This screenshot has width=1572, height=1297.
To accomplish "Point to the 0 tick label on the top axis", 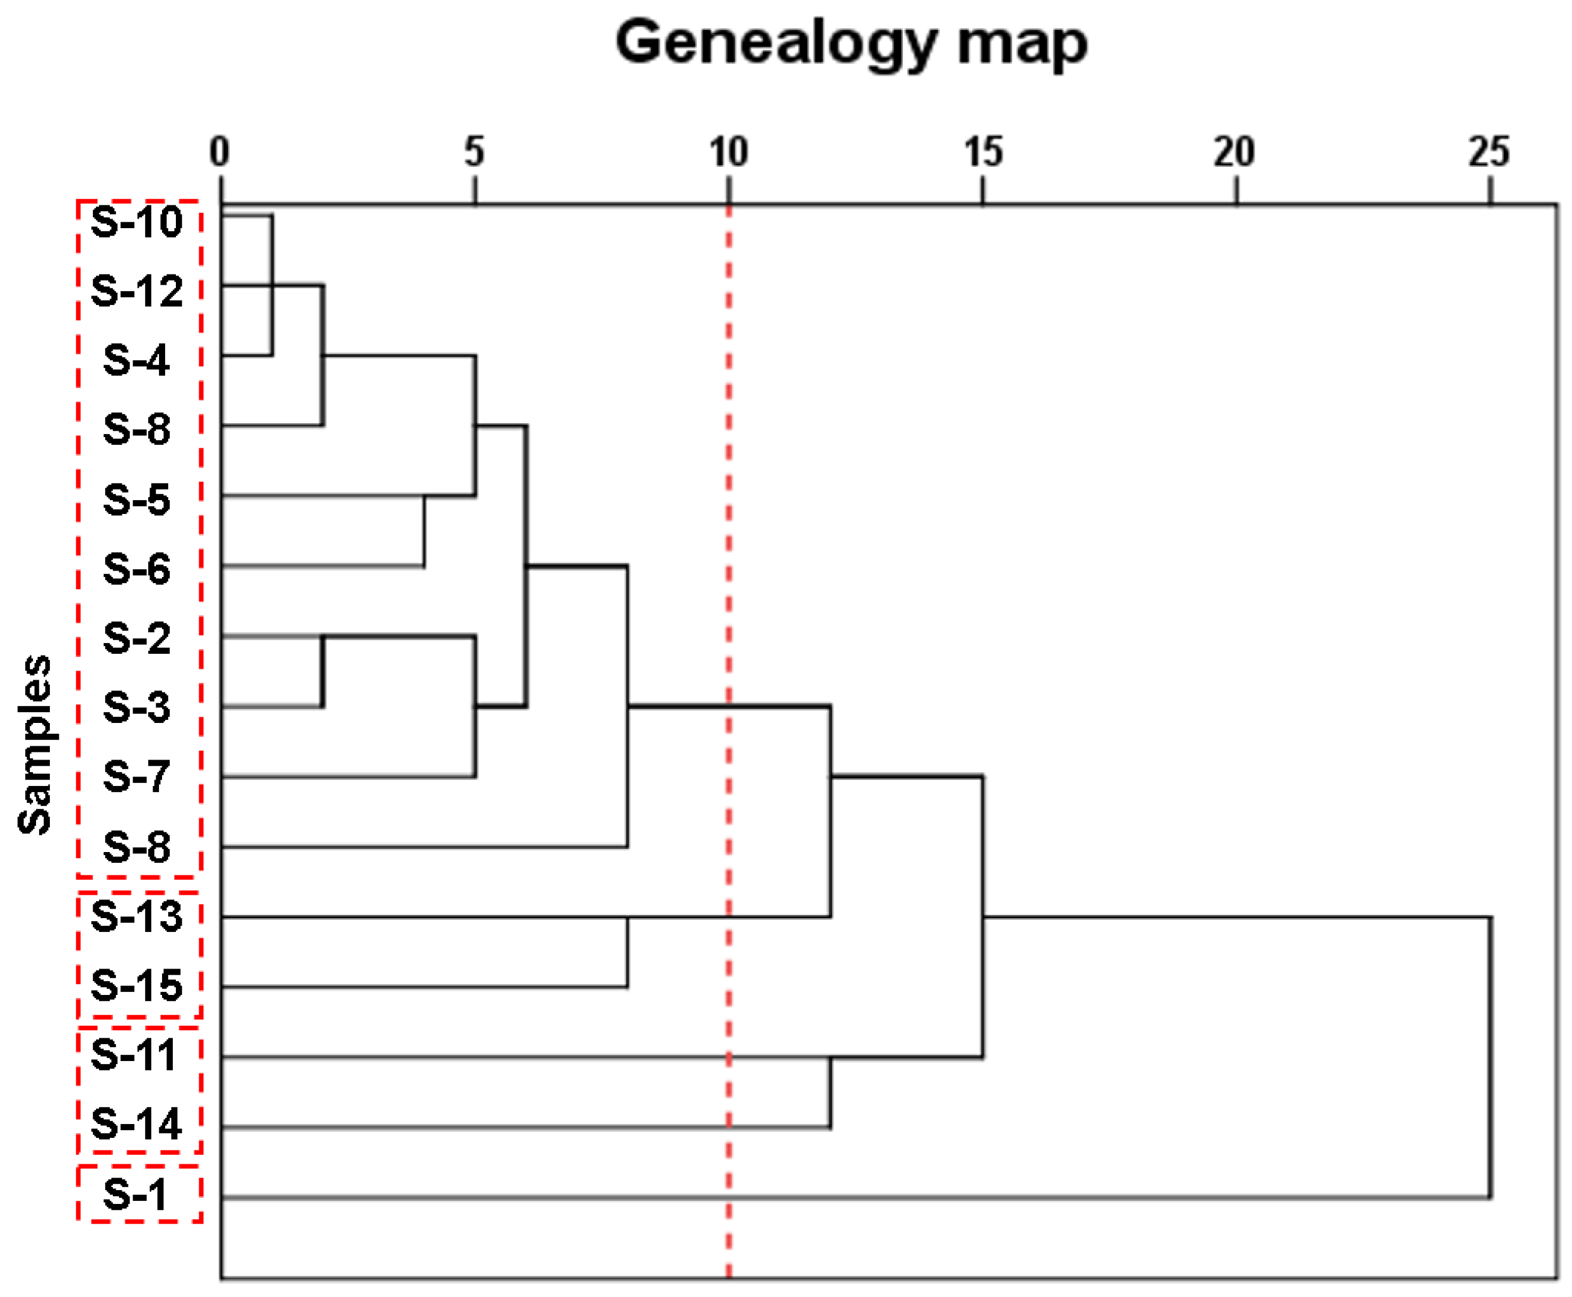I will tap(220, 153).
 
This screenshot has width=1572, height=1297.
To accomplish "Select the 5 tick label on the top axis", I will tap(474, 153).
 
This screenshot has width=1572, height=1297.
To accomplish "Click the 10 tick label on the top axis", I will tap(728, 153).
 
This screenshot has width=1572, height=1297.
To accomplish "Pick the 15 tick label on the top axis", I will tap(983, 153).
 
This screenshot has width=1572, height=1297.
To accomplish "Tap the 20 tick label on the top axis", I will tap(1235, 153).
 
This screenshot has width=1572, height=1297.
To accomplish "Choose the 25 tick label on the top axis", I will tap(1489, 153).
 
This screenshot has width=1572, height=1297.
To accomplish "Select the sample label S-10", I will tap(137, 222).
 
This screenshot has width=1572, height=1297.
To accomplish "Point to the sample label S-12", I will tap(137, 291).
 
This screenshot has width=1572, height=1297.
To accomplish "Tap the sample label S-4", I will tap(137, 360).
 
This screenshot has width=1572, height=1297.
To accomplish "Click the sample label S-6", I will tap(137, 569).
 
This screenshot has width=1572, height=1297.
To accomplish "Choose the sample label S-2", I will tap(137, 639).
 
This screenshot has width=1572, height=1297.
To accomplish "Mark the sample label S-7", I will tap(137, 776).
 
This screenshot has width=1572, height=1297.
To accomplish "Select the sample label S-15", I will tap(137, 985).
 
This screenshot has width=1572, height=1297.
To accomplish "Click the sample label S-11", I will tap(134, 1055).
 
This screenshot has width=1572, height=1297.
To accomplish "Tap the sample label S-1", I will tap(135, 1194).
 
